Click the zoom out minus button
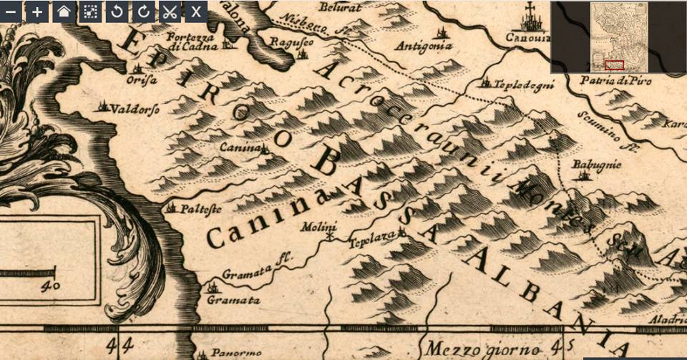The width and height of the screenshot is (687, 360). (11, 11)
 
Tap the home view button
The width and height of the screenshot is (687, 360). (64, 11)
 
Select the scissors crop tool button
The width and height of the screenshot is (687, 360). (169, 11)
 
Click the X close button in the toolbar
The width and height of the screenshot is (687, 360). (195, 11)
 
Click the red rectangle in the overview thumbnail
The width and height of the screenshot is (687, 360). (613, 65)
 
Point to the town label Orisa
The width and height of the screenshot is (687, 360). (142, 80)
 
